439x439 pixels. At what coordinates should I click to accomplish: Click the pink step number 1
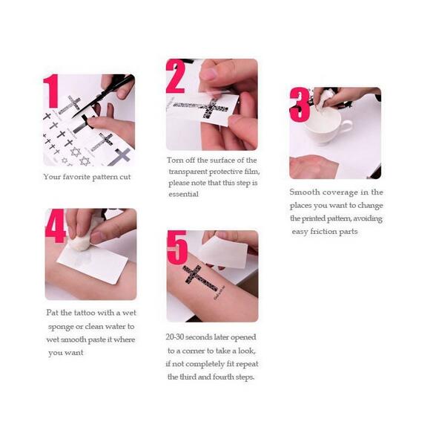click(x=51, y=91)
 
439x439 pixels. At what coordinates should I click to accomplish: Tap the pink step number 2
click(x=176, y=77)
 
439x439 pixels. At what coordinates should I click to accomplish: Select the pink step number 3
click(x=300, y=104)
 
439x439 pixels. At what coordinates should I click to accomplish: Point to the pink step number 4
click(x=56, y=226)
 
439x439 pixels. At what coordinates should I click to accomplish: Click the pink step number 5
click(x=177, y=247)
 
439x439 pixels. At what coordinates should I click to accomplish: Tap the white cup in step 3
click(x=327, y=126)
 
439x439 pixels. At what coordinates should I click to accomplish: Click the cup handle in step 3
click(x=346, y=127)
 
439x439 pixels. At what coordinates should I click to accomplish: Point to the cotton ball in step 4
click(x=80, y=241)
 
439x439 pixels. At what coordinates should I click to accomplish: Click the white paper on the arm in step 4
click(x=93, y=264)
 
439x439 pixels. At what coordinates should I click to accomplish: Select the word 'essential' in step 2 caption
click(x=184, y=194)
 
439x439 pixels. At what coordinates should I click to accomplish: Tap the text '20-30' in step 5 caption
click(x=175, y=337)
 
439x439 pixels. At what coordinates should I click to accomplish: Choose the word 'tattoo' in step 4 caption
click(x=85, y=313)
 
